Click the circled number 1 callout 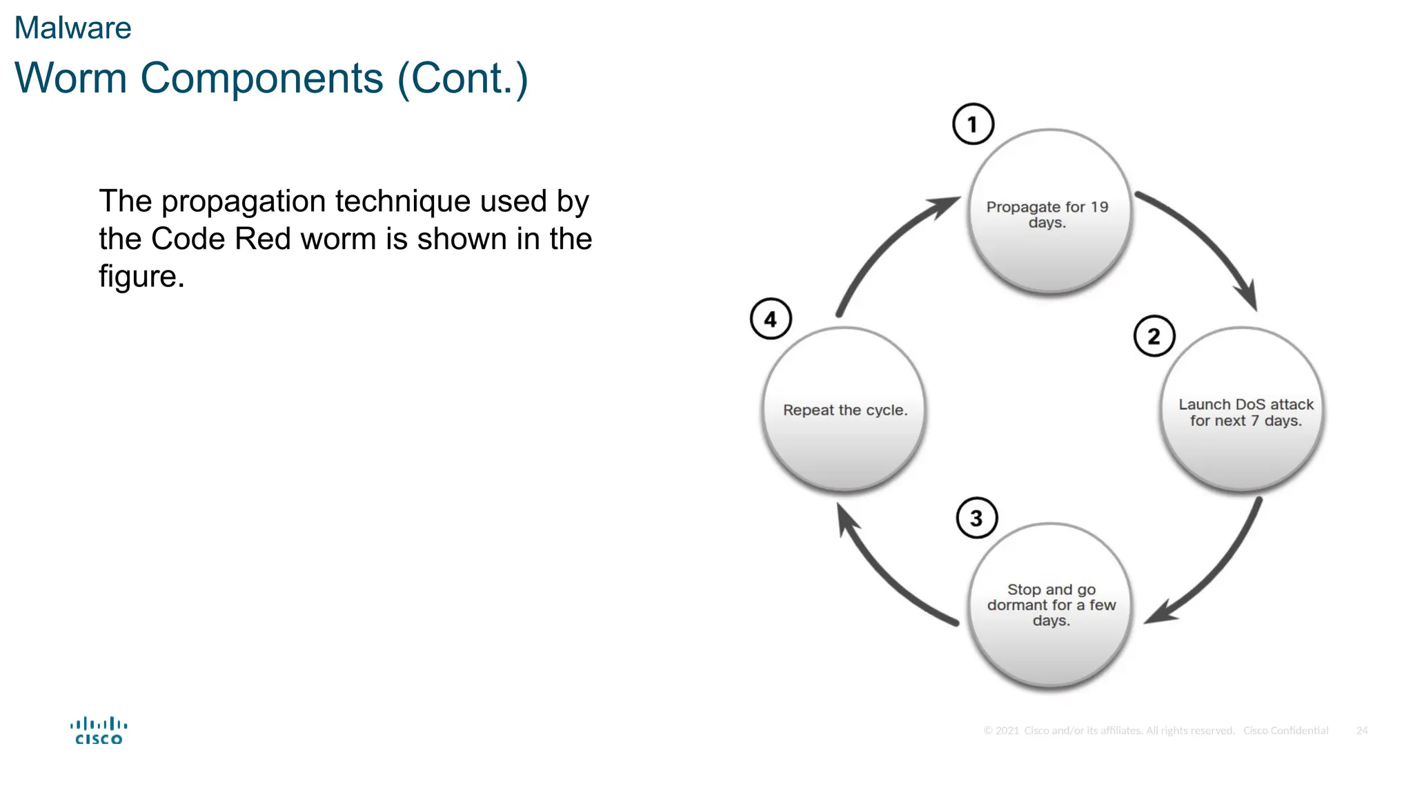pyautogui.click(x=973, y=124)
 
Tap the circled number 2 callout pyautogui.click(x=1154, y=336)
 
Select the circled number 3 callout pyautogui.click(x=977, y=518)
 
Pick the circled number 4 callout pyautogui.click(x=771, y=319)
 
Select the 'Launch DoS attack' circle pyautogui.click(x=1243, y=410)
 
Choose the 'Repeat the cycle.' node pyautogui.click(x=844, y=410)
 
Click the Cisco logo pyautogui.click(x=99, y=731)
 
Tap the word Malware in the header pyautogui.click(x=72, y=28)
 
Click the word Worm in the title pyautogui.click(x=70, y=78)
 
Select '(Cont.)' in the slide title pyautogui.click(x=462, y=79)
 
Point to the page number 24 pyautogui.click(x=1361, y=730)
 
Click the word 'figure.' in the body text pyautogui.click(x=141, y=276)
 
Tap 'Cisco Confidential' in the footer pyautogui.click(x=1285, y=730)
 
